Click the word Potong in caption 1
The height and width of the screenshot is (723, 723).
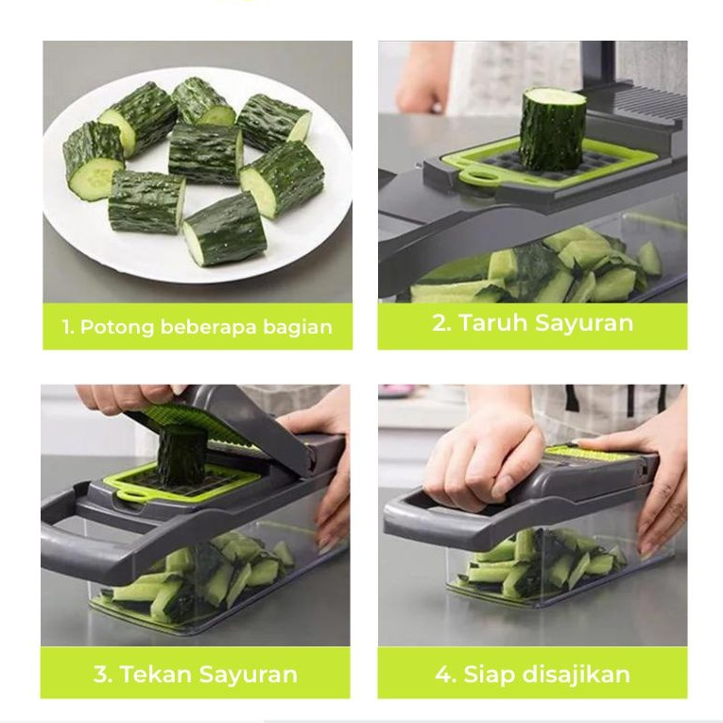pyautogui.click(x=116, y=327)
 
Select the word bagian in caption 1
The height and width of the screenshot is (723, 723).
pyautogui.click(x=298, y=327)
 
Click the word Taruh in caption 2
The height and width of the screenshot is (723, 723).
pyautogui.click(x=494, y=322)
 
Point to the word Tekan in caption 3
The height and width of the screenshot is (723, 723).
pyautogui.click(x=156, y=674)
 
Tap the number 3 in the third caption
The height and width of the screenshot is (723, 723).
pyautogui.click(x=102, y=674)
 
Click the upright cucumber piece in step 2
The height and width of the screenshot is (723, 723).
pyautogui.click(x=552, y=129)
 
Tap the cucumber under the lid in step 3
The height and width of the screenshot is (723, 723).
pyautogui.click(x=181, y=455)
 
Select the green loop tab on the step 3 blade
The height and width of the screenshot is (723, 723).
pyautogui.click(x=133, y=495)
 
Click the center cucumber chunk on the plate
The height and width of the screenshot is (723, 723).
pyautogui.click(x=206, y=154)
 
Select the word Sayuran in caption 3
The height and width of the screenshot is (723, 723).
pyautogui.click(x=249, y=674)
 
